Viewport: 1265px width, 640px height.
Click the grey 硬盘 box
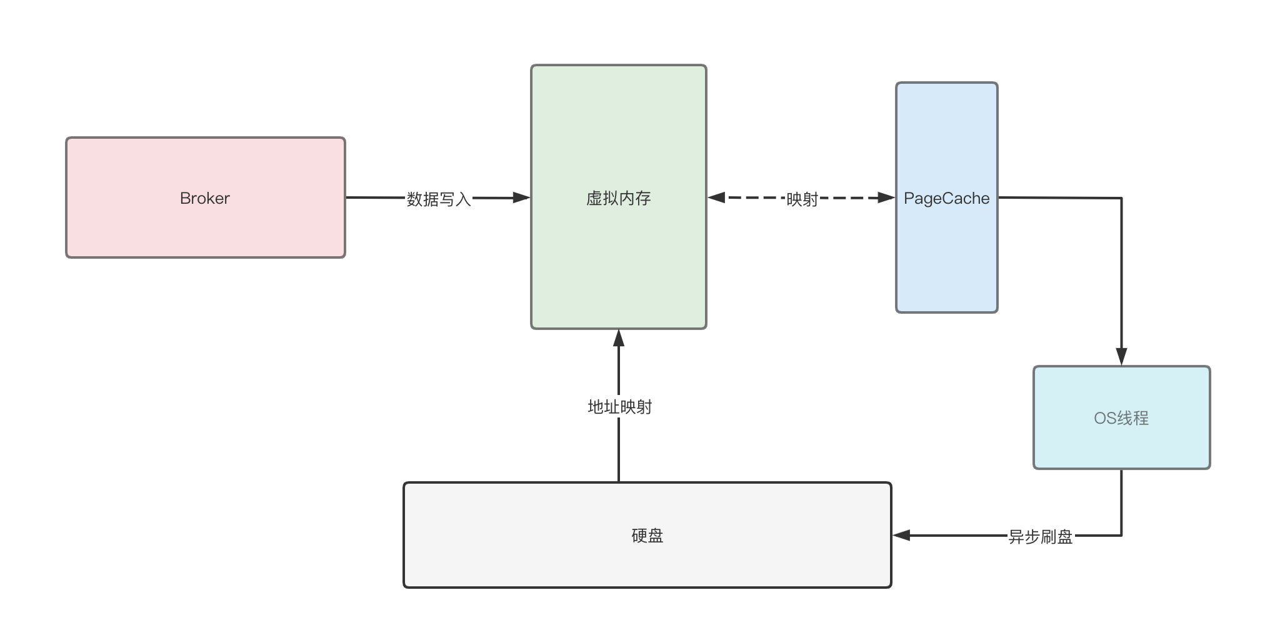647,562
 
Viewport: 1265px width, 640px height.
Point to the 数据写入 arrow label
438,199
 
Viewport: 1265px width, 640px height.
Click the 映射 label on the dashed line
802,199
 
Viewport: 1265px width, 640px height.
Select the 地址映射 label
619,407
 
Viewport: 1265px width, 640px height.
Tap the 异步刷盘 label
1040,536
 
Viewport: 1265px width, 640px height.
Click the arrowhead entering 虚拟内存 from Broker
521,198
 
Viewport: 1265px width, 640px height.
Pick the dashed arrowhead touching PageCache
886,198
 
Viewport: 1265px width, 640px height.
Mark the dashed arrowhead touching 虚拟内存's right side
716,198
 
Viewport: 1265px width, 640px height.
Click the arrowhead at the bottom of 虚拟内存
619,338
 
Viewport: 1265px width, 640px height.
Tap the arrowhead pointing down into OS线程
1121,356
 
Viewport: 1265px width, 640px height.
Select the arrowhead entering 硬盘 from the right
901,536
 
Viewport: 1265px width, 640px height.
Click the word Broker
205,198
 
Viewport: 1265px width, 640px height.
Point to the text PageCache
946,198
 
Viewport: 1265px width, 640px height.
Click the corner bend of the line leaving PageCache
1121,198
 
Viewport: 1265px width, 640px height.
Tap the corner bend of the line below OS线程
1121,536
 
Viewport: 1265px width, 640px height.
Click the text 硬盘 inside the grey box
647,536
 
